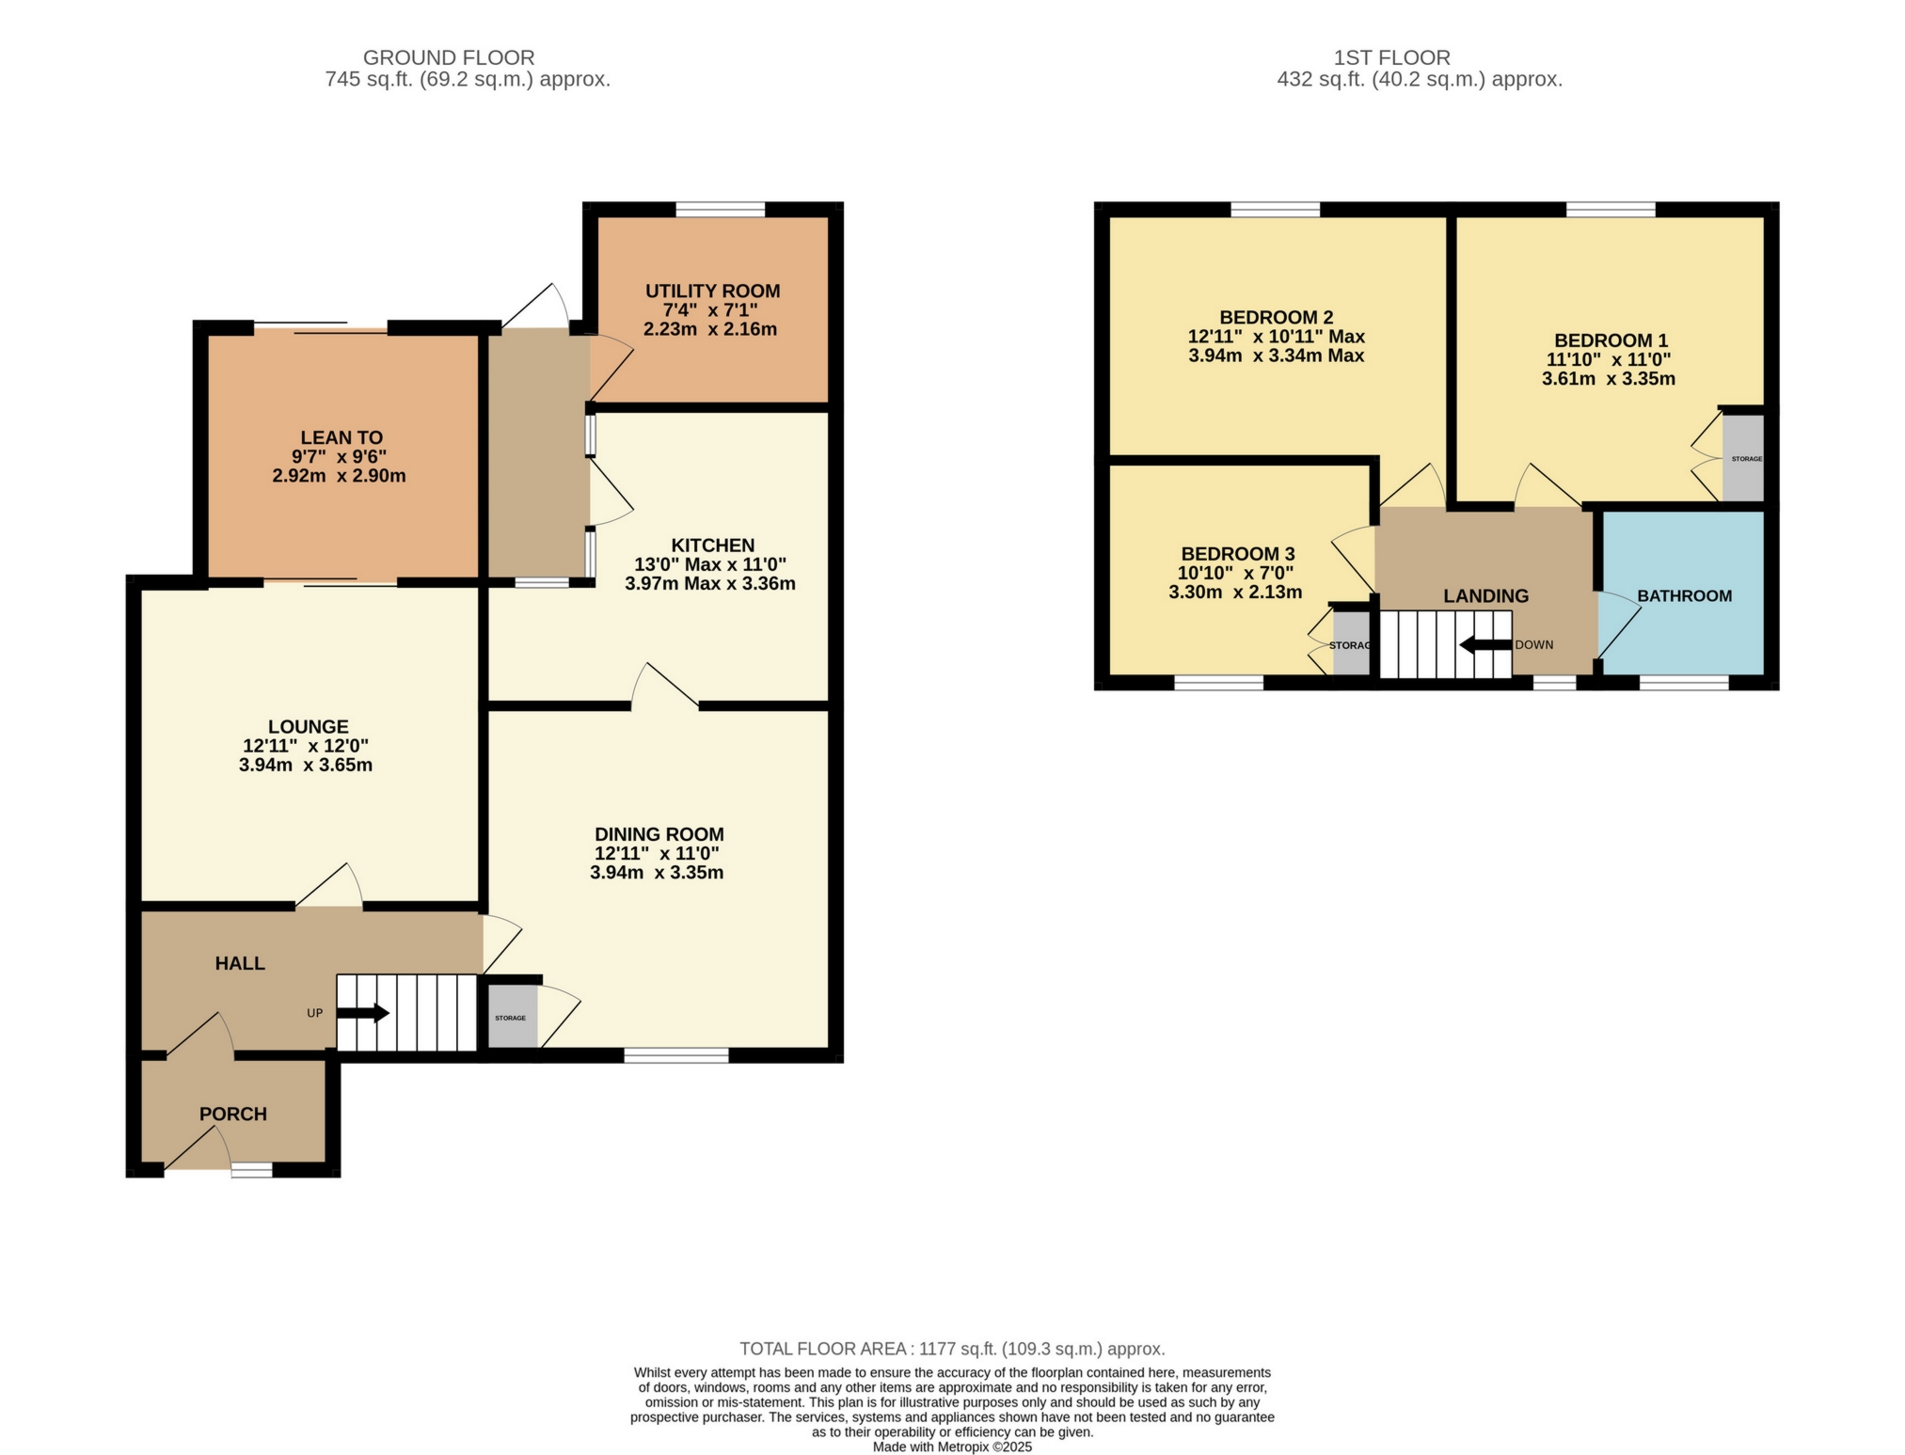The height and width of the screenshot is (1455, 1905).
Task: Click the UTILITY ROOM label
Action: tap(712, 291)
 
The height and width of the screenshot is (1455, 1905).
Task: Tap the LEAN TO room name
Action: tap(341, 437)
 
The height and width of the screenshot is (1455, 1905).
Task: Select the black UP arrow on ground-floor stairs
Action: tap(362, 1013)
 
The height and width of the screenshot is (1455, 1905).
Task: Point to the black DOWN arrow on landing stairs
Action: tap(1485, 645)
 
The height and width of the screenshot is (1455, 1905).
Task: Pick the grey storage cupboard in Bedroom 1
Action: tap(1742, 458)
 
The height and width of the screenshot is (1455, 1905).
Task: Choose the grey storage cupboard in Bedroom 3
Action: tap(1351, 645)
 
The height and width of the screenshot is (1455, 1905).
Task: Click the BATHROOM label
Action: tap(1684, 595)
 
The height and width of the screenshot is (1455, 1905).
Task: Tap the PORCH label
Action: tap(233, 1114)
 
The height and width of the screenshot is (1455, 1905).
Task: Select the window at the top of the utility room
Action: tap(721, 210)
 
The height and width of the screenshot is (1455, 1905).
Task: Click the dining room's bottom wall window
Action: tap(676, 1055)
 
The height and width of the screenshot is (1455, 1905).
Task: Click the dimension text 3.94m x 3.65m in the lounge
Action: tap(306, 765)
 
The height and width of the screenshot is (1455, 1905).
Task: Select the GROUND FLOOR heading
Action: tap(449, 57)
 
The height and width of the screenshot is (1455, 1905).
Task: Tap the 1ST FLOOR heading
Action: tap(1391, 57)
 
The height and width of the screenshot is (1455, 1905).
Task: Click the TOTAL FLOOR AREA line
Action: tap(952, 1349)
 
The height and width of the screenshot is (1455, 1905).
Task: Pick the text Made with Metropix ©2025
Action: tap(952, 1447)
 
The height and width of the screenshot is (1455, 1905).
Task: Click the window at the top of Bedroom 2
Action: tap(1275, 210)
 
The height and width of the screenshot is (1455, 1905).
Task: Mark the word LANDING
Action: tap(1485, 595)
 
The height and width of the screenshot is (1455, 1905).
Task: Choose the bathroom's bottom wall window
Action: tap(1683, 683)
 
